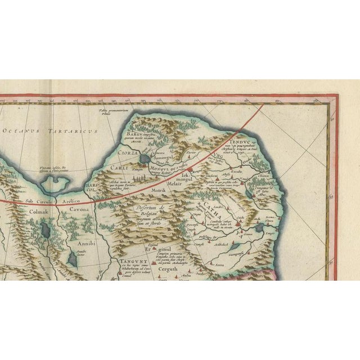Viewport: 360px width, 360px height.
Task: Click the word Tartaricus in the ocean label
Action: [76, 131]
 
